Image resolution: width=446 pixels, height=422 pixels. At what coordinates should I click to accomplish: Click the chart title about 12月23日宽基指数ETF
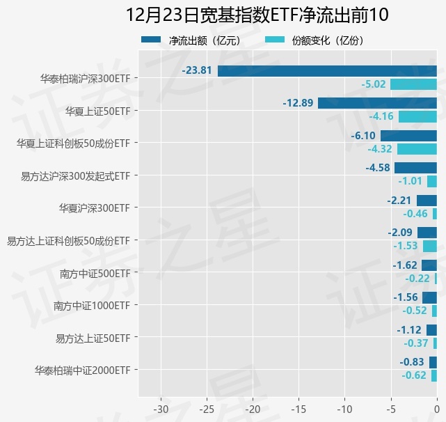click(x=257, y=15)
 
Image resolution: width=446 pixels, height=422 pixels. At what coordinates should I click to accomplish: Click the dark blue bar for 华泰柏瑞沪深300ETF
click(x=327, y=70)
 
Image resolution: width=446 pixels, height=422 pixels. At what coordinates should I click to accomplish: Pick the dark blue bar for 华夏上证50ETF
click(x=377, y=103)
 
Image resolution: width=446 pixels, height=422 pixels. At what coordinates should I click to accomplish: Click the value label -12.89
click(x=298, y=103)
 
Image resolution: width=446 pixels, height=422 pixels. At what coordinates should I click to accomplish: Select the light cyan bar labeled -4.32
click(x=417, y=149)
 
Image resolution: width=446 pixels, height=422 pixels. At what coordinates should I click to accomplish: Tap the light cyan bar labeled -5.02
click(x=413, y=84)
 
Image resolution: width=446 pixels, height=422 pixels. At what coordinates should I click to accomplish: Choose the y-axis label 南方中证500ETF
click(x=95, y=273)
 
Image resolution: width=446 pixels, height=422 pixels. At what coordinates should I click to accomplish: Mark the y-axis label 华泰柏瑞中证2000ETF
click(x=82, y=370)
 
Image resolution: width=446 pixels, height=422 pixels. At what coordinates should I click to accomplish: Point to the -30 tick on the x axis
click(x=161, y=408)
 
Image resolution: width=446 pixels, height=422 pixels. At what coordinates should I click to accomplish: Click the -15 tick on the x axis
click(x=298, y=408)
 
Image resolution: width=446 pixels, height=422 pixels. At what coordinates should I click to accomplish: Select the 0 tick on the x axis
click(x=437, y=408)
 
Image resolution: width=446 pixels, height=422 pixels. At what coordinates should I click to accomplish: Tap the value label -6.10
click(x=363, y=136)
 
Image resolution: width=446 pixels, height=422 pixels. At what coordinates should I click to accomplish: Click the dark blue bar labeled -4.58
click(x=415, y=168)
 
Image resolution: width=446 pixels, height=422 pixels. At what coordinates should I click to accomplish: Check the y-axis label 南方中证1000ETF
click(x=92, y=305)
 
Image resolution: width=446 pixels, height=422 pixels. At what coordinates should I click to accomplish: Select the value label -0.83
click(x=412, y=362)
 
